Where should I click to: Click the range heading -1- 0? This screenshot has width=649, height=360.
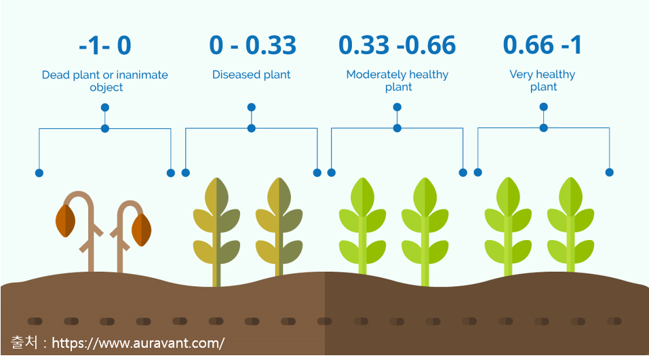(x=105, y=45)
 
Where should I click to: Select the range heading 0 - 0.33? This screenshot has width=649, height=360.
(x=252, y=45)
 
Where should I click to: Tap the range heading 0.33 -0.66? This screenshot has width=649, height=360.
(x=397, y=45)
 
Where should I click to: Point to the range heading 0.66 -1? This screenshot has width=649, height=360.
(x=543, y=45)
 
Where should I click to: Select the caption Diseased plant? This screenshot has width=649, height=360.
(x=251, y=75)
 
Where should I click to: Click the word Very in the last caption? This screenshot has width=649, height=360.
(x=521, y=75)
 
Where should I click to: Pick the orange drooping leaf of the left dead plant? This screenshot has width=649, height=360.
(x=65, y=220)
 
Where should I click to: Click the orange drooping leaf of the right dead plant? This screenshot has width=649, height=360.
(x=141, y=230)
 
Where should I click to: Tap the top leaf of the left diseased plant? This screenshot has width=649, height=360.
(x=216, y=197)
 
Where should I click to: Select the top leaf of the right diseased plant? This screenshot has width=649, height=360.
(x=279, y=197)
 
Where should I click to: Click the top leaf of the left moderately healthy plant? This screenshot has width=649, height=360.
(x=362, y=197)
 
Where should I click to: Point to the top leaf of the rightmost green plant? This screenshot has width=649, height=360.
(x=570, y=197)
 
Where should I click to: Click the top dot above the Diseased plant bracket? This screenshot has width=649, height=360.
(x=251, y=107)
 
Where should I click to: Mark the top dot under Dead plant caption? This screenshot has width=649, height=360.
(x=105, y=108)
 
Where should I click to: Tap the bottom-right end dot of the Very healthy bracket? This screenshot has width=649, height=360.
(x=609, y=172)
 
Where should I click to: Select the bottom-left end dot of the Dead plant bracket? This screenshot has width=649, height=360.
(x=39, y=173)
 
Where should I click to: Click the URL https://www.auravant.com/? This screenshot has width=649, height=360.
(x=138, y=343)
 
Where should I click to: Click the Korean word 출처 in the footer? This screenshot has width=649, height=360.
(x=24, y=342)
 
